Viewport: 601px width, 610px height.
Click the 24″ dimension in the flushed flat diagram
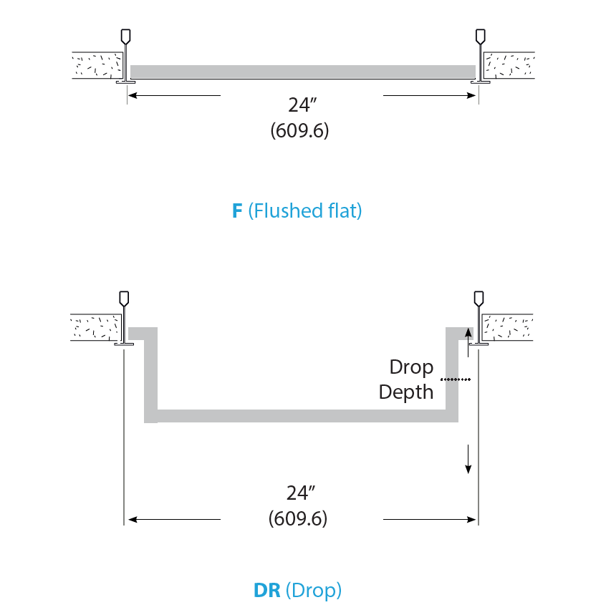(302, 105)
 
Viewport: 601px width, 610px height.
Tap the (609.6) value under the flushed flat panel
(299, 130)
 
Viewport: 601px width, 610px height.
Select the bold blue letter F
(237, 211)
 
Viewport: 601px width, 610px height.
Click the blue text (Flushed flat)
(304, 211)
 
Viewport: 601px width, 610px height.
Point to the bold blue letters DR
(266, 590)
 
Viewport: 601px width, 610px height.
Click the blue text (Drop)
(313, 591)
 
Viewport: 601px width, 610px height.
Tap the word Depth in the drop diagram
(406, 392)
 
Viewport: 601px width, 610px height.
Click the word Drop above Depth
(411, 367)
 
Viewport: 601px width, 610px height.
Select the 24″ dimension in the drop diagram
(301, 493)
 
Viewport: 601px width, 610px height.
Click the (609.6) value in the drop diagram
(298, 518)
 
